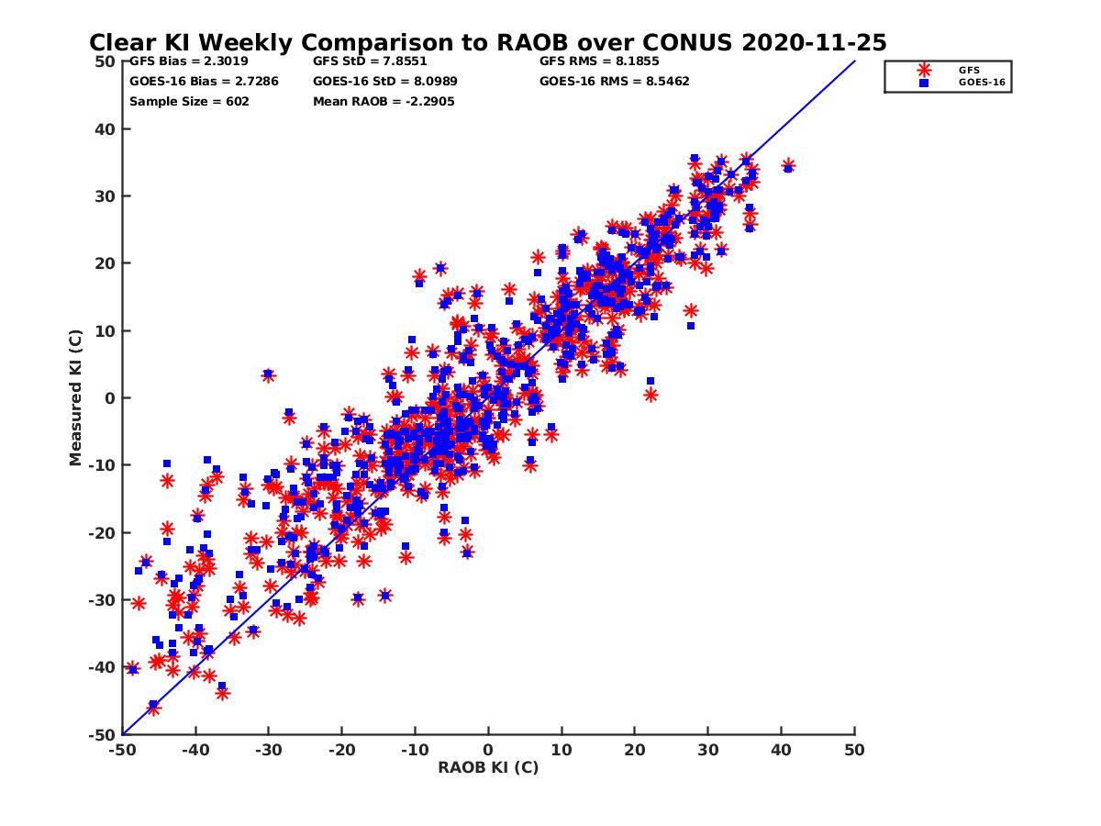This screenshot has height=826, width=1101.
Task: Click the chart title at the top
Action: (487, 42)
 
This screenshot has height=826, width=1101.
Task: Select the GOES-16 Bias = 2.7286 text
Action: (204, 81)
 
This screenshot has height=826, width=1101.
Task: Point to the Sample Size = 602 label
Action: (189, 101)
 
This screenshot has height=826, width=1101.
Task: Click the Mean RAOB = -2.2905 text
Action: (384, 101)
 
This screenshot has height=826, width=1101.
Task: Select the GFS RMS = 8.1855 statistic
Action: (599, 61)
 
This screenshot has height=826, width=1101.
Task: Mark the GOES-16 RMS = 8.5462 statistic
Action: (615, 81)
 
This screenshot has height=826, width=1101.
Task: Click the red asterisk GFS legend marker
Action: (924, 70)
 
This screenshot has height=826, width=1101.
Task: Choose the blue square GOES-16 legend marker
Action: (924, 83)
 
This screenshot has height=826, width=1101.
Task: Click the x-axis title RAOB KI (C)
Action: (488, 767)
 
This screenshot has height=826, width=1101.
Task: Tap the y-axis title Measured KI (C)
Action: (76, 397)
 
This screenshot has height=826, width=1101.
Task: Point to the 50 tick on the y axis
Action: (106, 61)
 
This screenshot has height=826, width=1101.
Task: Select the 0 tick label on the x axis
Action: (488, 750)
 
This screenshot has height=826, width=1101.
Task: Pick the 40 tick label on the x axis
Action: (781, 750)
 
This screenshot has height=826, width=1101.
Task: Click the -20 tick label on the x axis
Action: (340, 750)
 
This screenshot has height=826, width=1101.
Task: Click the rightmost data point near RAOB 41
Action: (788, 166)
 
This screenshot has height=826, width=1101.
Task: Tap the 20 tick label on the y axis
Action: (106, 263)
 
